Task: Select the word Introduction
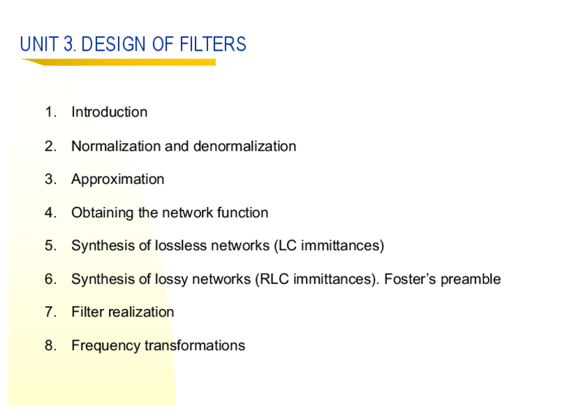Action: click(109, 113)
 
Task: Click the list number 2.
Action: click(49, 146)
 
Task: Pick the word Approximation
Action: click(117, 179)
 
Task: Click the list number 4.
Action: click(49, 213)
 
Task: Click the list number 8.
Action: click(49, 346)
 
